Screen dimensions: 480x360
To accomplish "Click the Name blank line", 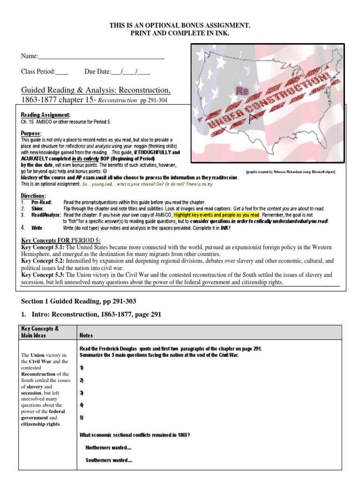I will pos(101,56).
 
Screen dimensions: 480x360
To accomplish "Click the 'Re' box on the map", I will pos(242,90).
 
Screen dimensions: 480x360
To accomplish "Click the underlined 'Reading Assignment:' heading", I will pos(45,115).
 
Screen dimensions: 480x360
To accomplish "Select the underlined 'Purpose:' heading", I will pos(31,134).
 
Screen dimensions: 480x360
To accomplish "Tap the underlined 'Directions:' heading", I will pos(33,195).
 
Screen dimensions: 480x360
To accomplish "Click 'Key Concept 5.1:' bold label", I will pos(44,247).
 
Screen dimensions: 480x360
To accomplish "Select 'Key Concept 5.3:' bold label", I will pos(44,275).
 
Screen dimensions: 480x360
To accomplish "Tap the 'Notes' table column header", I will pos(86,335).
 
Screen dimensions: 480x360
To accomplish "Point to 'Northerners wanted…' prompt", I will pos(108,448).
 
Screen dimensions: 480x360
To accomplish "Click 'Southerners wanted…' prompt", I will pos(109,460).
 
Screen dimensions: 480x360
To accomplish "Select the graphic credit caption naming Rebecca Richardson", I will pos(290,172).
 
